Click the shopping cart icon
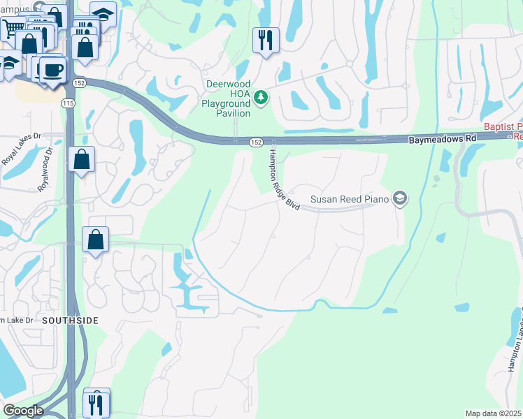[x=12, y=29]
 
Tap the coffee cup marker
[x=52, y=71]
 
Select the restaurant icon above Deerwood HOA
[x=266, y=40]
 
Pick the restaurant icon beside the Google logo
[x=96, y=403]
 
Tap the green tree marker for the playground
[x=261, y=96]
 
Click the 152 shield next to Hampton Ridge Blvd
[x=256, y=142]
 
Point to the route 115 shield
[x=68, y=103]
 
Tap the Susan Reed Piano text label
[x=350, y=200]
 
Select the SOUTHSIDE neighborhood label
[x=69, y=320]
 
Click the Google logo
[x=23, y=411]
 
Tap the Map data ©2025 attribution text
[x=493, y=413]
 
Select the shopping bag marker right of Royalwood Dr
[x=82, y=160]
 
